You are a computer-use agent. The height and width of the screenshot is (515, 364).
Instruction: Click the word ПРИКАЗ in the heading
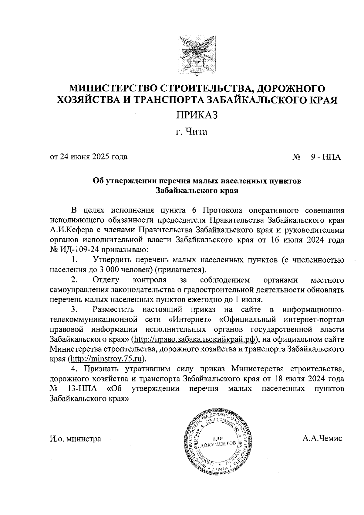197,115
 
